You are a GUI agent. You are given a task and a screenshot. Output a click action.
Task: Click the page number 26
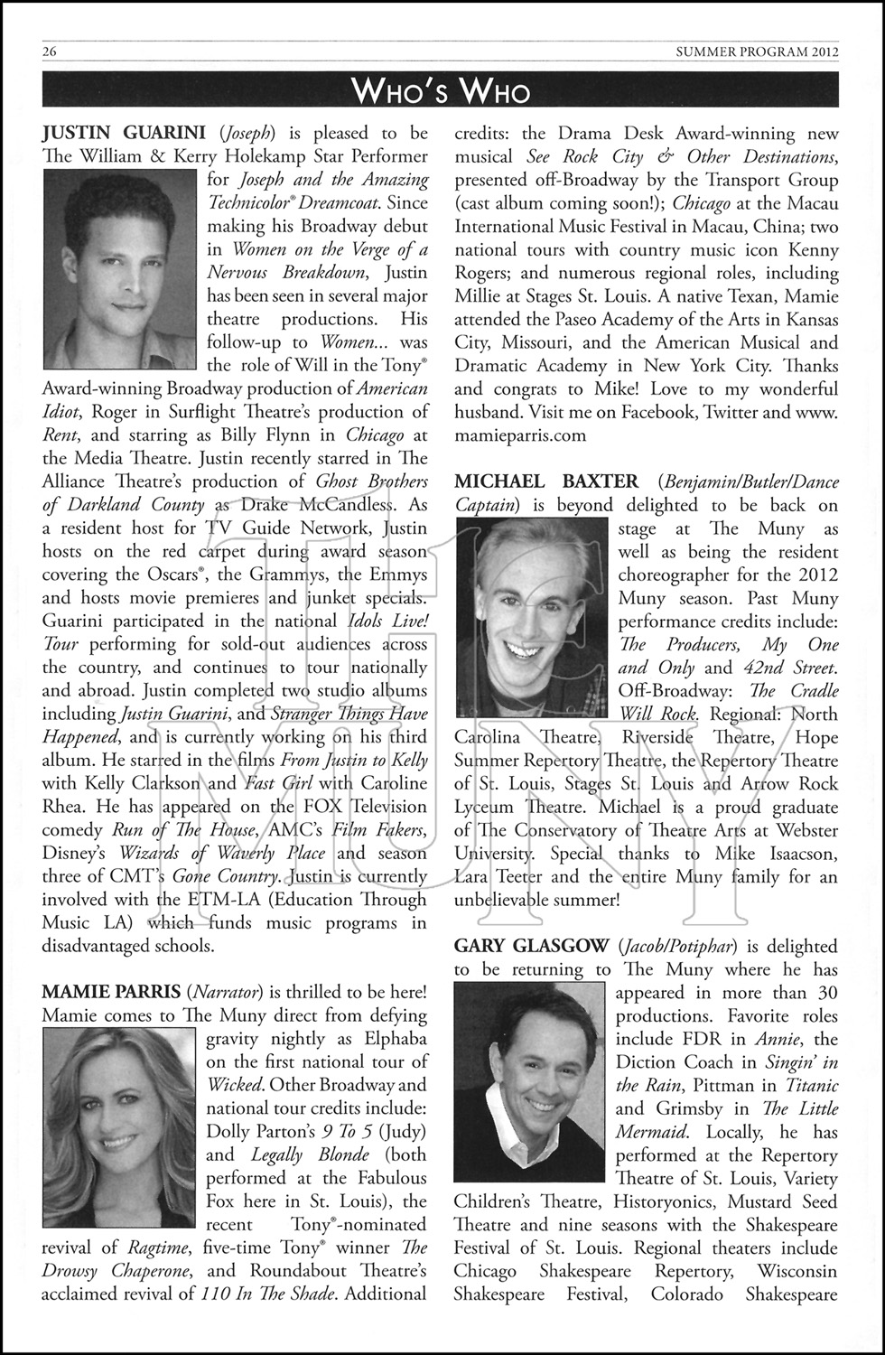[50, 51]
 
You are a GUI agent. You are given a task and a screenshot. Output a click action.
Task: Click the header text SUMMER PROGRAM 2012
[757, 51]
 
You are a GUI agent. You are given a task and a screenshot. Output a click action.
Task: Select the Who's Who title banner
[442, 90]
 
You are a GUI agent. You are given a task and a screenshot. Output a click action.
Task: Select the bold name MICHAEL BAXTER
[546, 481]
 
